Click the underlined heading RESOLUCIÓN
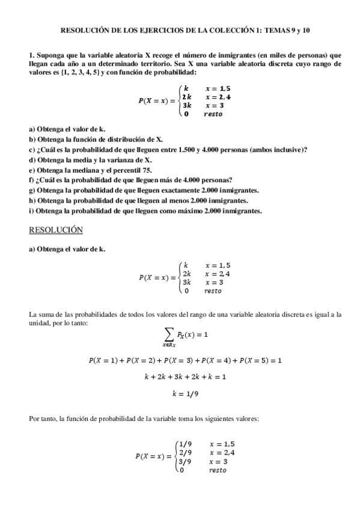(x=56, y=230)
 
